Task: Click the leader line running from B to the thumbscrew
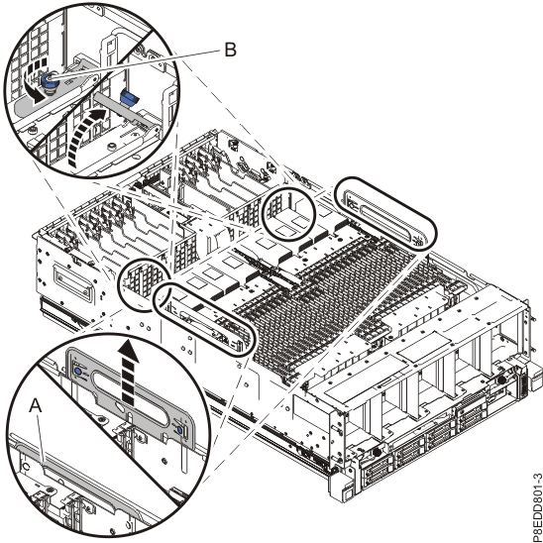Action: click(x=139, y=56)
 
